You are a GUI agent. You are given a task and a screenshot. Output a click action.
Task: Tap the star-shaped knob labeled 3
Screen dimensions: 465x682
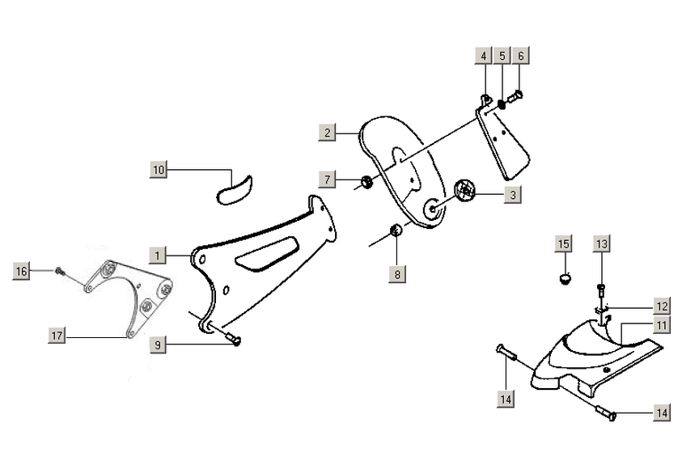coord(464,192)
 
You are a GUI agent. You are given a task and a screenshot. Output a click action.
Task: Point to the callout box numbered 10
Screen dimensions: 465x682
coord(158,170)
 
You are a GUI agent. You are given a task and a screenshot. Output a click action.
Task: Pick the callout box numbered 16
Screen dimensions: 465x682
coord(22,271)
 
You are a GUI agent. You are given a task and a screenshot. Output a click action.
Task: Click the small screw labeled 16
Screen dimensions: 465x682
coord(60,271)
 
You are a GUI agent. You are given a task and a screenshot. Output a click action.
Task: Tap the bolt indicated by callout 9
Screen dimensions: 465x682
coord(232,340)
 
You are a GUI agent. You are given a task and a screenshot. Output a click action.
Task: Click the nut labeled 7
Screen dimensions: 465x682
coord(366,182)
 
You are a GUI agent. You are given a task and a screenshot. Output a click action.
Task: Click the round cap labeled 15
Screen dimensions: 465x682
coord(564,279)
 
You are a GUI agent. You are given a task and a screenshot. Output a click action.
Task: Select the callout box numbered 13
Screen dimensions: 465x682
coord(601,243)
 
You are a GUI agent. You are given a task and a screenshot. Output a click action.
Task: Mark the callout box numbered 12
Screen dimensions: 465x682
coord(662,306)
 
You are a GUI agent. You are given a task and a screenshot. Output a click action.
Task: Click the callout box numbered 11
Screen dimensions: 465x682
coord(662,326)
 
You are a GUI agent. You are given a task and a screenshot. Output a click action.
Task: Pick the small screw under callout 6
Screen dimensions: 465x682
coord(518,95)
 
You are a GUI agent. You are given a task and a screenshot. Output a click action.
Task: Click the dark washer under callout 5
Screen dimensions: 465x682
coord(502,104)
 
